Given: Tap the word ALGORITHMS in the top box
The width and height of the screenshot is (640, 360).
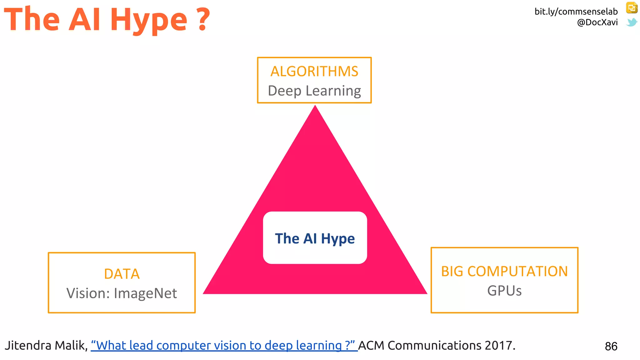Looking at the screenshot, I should point(314,71).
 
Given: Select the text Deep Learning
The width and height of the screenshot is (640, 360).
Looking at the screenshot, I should point(314,91).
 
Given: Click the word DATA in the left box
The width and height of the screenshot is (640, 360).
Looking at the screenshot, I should point(122,274).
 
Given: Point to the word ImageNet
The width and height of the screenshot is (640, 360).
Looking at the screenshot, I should point(145,293).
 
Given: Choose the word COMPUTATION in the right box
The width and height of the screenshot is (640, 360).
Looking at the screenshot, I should point(517,271).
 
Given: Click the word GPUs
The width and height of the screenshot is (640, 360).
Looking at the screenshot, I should point(504,291).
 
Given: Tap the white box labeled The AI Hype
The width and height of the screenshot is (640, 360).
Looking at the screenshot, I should point(315,238).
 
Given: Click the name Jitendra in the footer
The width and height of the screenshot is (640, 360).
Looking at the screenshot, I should point(28,346).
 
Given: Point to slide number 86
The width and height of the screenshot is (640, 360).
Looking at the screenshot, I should point(611,346).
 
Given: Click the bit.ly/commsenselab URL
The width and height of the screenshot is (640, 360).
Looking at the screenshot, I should point(576,12).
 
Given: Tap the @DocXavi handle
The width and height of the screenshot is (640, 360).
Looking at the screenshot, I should point(597,22).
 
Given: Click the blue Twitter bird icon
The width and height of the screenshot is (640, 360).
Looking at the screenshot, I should point(632,22).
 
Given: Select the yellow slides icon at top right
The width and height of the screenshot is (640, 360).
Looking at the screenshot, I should point(632,8).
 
